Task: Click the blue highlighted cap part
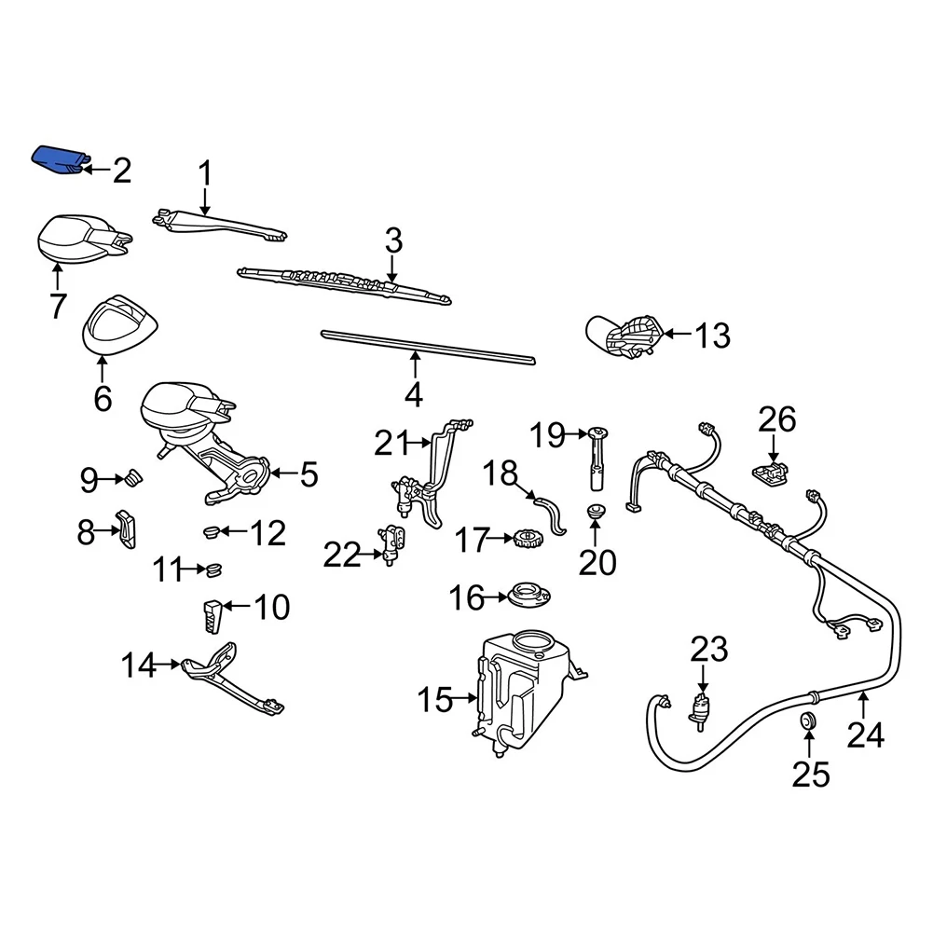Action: (59, 159)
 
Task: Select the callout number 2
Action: (121, 171)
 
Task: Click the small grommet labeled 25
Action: (808, 721)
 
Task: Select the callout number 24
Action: (864, 736)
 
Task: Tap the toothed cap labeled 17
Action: (528, 539)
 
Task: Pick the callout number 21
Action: (391, 444)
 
